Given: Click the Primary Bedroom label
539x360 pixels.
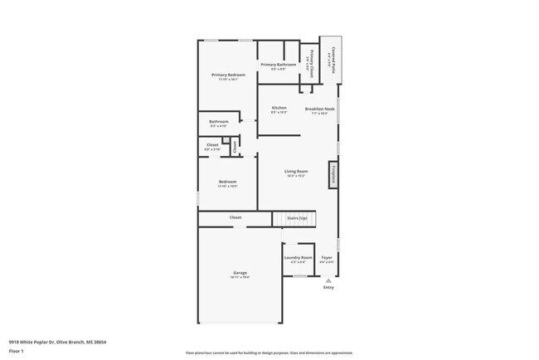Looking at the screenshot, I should point(228,75).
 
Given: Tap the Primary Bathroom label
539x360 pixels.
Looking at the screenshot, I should point(278,65).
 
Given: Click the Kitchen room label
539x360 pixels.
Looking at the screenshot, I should point(279,108).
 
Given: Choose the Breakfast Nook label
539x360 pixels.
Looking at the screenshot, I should point(319,109).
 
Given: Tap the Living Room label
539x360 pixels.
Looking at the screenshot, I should point(296,172).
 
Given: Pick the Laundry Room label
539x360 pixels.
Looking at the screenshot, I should point(298,257).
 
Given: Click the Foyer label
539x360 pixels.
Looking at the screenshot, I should point(327,257).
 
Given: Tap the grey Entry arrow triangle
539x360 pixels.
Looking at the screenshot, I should point(328,280).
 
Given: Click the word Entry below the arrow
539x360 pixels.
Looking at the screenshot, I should point(328,289).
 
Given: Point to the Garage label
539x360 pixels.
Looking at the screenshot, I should point(240,273).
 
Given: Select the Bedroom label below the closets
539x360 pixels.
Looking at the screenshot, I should point(227,182).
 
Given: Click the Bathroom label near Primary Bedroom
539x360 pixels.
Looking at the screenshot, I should point(218,121).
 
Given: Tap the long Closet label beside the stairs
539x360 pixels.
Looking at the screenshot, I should point(236,217).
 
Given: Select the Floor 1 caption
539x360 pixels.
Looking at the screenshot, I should point(17,351).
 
